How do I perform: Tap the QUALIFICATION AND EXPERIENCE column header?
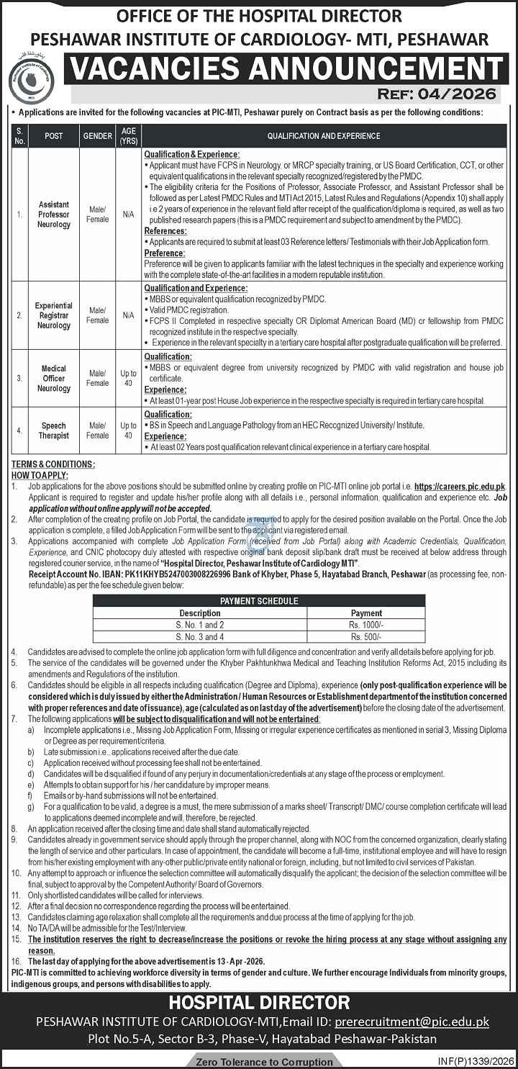tap(324, 135)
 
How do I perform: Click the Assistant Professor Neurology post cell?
tap(54, 215)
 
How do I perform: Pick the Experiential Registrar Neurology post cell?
tap(54, 315)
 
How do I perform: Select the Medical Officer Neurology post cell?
tap(54, 379)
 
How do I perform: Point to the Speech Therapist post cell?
tap(54, 430)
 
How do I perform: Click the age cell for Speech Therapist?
tap(128, 430)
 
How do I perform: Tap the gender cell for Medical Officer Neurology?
tap(97, 379)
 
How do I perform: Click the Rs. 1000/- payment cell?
tap(366, 625)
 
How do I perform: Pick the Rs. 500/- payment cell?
tap(366, 637)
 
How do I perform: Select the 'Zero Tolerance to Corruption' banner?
tap(258, 1062)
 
